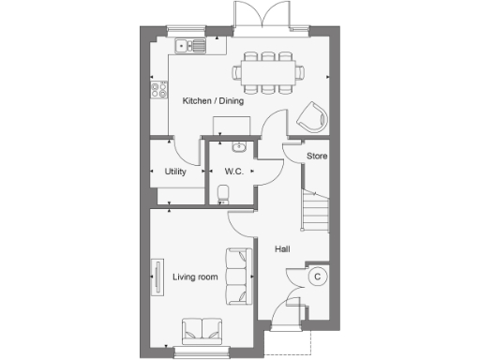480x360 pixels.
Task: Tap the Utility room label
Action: tap(175, 172)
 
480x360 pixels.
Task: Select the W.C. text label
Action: tap(233, 172)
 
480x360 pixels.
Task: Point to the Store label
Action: tap(317, 156)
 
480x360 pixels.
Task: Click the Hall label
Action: tap(282, 248)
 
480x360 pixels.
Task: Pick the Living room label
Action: tap(195, 277)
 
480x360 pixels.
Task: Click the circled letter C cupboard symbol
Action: tap(317, 277)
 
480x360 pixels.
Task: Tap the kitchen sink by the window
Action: tap(190, 44)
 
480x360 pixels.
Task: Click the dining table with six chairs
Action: tap(269, 69)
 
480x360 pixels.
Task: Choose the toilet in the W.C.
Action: tap(221, 194)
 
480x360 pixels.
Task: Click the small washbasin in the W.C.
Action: tap(237, 146)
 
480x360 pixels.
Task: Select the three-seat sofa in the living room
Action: tap(238, 277)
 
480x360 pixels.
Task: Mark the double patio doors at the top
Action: tap(257, 19)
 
